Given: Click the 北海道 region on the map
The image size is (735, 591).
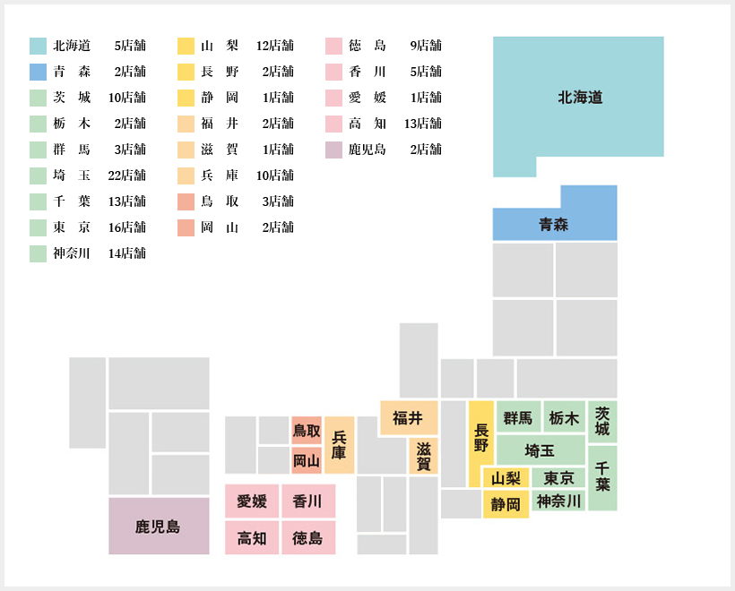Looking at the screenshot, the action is coord(578,97).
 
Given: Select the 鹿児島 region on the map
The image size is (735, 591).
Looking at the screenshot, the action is coord(159,526).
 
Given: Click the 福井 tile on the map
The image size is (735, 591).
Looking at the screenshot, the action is coord(409,417).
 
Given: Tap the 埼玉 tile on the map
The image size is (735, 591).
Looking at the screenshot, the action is coord(540,450).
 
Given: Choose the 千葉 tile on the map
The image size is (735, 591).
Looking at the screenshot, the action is coord(602,478).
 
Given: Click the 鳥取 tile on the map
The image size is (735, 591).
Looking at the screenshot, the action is coord(307,430).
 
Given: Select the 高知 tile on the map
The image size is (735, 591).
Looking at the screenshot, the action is coord(252,538).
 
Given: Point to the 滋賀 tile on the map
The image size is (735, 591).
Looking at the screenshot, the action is coord(423,456).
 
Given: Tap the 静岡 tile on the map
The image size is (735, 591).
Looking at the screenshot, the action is coord(506,504).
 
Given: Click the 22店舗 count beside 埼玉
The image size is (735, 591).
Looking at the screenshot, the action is coord(126,176).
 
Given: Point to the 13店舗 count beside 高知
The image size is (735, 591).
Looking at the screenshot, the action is coord(423,124).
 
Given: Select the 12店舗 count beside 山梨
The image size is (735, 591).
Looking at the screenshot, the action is coord(274,46).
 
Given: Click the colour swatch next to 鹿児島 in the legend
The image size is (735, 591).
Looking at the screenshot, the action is coord(333,150).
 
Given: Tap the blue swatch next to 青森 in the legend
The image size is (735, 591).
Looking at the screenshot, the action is coord(38,73).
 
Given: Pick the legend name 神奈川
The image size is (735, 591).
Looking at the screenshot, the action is coord(71,253).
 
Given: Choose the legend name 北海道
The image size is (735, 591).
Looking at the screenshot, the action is coord(71,46).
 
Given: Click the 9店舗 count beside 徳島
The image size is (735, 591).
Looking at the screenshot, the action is coord(426,46).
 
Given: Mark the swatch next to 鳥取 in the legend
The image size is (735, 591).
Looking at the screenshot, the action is coord(186,201).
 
